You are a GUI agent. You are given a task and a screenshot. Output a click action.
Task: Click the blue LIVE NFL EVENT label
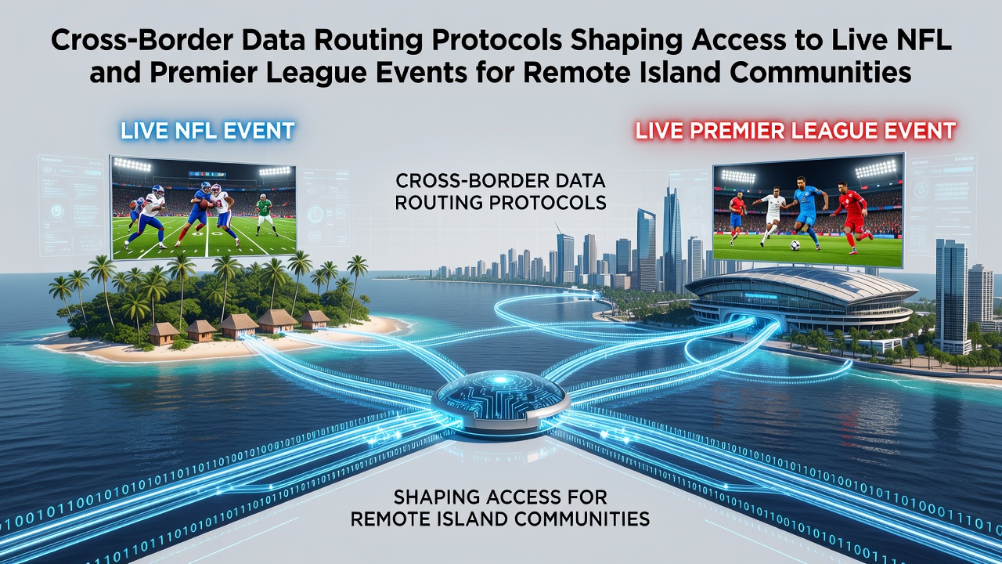point(207,131)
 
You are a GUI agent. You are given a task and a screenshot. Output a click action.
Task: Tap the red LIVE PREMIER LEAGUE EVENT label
point(795,131)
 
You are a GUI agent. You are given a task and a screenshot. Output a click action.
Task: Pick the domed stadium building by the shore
point(801,298)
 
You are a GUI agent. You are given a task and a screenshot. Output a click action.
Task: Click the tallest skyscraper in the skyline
point(672,237)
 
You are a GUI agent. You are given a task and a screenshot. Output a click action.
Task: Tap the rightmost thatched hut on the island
point(315,320)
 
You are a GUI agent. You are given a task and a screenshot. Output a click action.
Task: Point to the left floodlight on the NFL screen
point(132,166)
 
